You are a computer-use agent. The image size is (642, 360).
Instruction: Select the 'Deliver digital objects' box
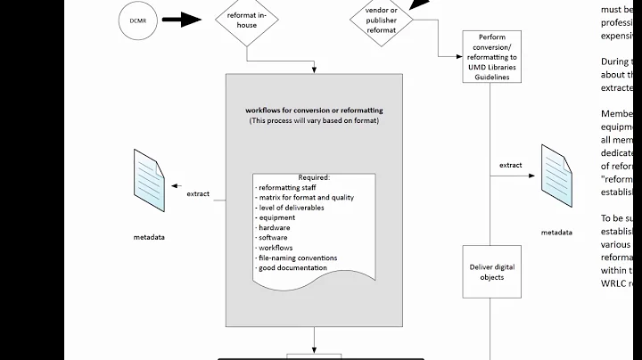click(491, 271)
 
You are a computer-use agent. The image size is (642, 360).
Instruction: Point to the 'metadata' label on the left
click(149, 238)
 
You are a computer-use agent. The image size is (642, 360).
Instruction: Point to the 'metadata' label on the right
click(556, 232)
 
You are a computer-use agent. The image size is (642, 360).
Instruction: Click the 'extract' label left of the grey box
click(198, 193)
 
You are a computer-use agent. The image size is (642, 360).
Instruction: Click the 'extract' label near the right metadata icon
click(511, 165)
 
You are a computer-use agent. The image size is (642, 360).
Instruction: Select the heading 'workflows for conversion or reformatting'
click(313, 110)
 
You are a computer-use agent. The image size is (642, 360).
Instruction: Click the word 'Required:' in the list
click(313, 177)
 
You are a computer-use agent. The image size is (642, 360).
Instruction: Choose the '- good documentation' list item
click(291, 267)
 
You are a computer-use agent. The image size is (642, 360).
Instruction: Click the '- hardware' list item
click(272, 227)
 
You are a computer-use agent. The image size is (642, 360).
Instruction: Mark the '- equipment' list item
click(274, 217)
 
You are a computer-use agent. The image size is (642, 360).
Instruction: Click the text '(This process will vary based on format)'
click(313, 120)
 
